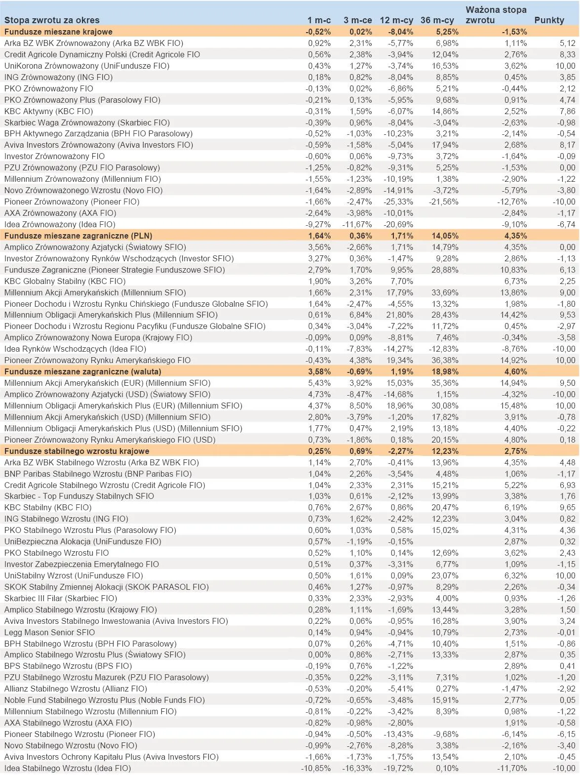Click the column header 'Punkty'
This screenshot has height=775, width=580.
[x=549, y=20]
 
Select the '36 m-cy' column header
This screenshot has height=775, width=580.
[x=437, y=20]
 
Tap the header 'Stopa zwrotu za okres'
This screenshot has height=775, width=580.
[x=52, y=20]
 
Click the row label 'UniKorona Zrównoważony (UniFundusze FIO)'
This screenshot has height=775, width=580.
[x=86, y=66]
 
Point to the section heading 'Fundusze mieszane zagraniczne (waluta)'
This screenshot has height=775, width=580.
[x=83, y=371]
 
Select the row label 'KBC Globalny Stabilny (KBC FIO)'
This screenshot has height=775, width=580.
[x=65, y=281]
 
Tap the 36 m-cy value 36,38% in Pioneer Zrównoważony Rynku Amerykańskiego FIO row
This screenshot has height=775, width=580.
[x=444, y=360]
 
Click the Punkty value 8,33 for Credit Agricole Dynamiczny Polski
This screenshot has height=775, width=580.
[x=568, y=54]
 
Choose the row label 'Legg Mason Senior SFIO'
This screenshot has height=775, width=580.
[x=49, y=632]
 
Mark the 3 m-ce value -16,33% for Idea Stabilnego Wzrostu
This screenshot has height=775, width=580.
[x=357, y=768]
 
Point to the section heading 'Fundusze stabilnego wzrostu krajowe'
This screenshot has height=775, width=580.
[x=77, y=451]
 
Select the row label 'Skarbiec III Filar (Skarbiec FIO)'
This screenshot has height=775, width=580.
[x=61, y=598]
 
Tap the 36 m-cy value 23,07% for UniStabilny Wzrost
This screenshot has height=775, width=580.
[x=444, y=575]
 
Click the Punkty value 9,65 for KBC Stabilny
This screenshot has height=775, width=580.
[x=568, y=507]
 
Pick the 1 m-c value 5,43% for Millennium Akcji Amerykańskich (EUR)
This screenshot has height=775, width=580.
[x=319, y=383]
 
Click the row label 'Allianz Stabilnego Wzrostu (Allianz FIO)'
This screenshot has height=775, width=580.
[x=76, y=689]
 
